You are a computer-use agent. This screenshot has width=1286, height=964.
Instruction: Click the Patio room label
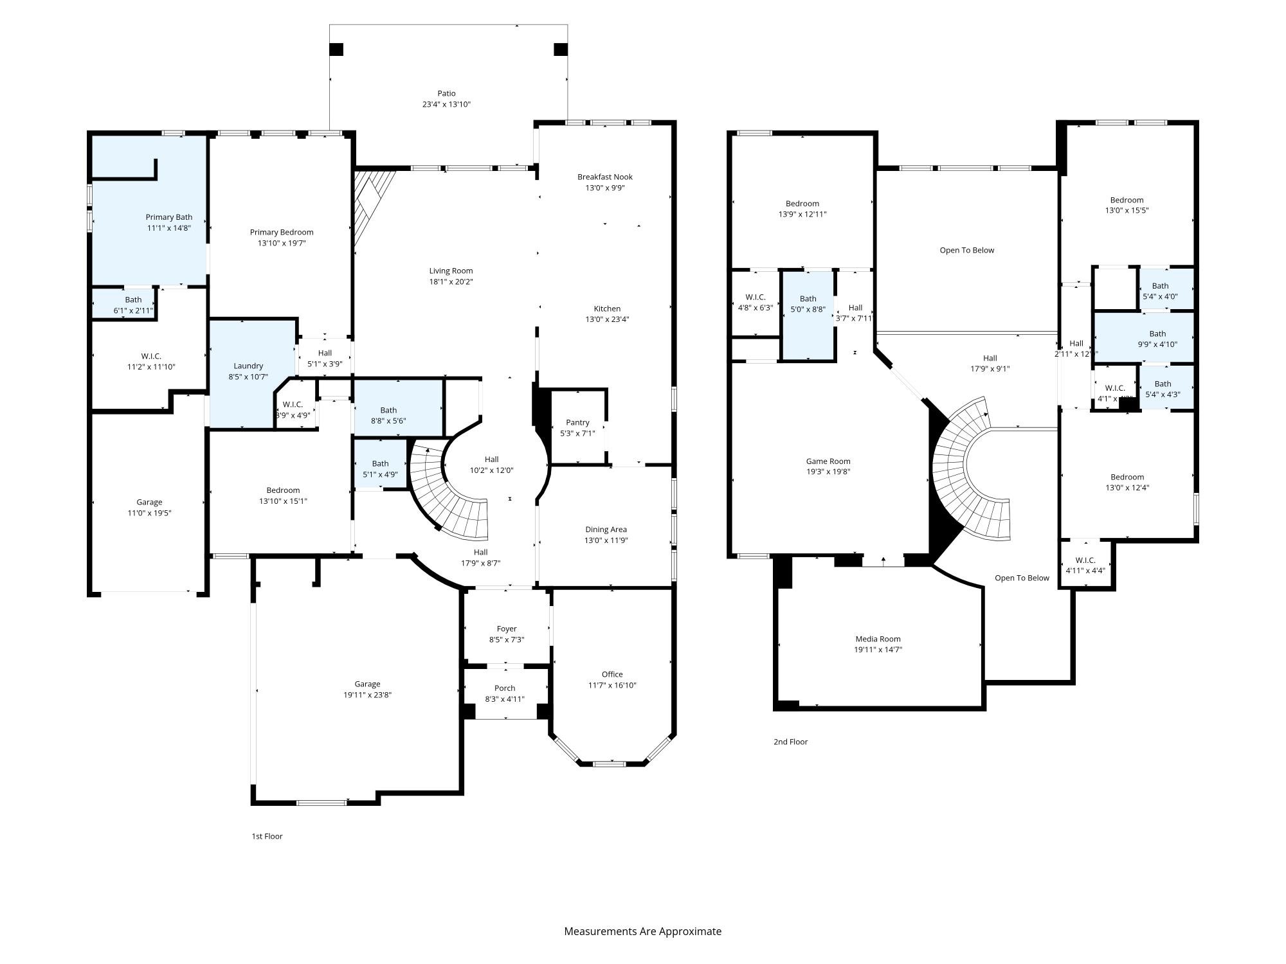[x=446, y=94]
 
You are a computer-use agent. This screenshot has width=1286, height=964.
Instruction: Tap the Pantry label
[x=577, y=422]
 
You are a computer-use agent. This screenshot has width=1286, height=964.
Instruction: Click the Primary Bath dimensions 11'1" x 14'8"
[x=168, y=228]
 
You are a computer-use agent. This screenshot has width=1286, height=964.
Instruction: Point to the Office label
[x=612, y=674]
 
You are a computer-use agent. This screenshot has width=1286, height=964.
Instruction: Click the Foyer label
[x=507, y=629]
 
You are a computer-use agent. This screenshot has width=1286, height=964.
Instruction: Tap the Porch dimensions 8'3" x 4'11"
[x=505, y=699]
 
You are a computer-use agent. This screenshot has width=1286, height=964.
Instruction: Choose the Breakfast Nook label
[x=604, y=177]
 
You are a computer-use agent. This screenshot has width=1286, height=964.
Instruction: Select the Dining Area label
[x=606, y=530]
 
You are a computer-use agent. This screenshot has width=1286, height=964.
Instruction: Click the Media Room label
[x=878, y=639]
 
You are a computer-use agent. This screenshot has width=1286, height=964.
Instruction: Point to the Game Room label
[x=828, y=461]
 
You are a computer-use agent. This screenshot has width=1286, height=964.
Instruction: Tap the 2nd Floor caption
[x=790, y=742]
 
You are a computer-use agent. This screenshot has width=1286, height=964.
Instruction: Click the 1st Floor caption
[x=267, y=836]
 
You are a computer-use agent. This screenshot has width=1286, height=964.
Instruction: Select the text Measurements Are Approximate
[x=642, y=931]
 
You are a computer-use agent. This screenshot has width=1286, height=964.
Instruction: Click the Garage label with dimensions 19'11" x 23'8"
[x=367, y=684]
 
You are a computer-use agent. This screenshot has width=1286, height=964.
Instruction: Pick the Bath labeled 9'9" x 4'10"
[x=1157, y=334]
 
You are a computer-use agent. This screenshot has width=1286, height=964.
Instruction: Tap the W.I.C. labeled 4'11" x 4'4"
[x=1085, y=560]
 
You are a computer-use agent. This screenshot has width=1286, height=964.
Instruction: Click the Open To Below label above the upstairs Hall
[x=966, y=250]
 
